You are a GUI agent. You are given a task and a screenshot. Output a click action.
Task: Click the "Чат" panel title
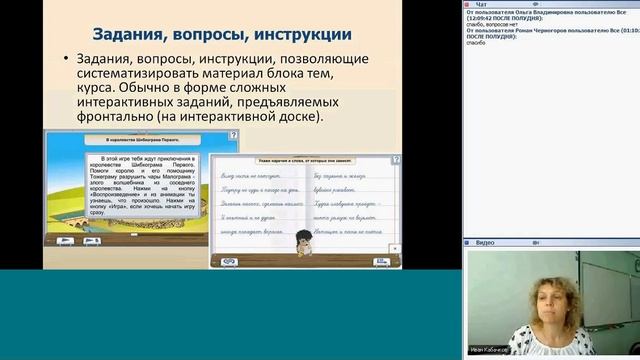coord(481,4)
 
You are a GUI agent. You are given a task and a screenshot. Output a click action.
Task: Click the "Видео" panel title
coord(485,243)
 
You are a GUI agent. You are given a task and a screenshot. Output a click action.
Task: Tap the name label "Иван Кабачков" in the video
coord(492,350)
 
